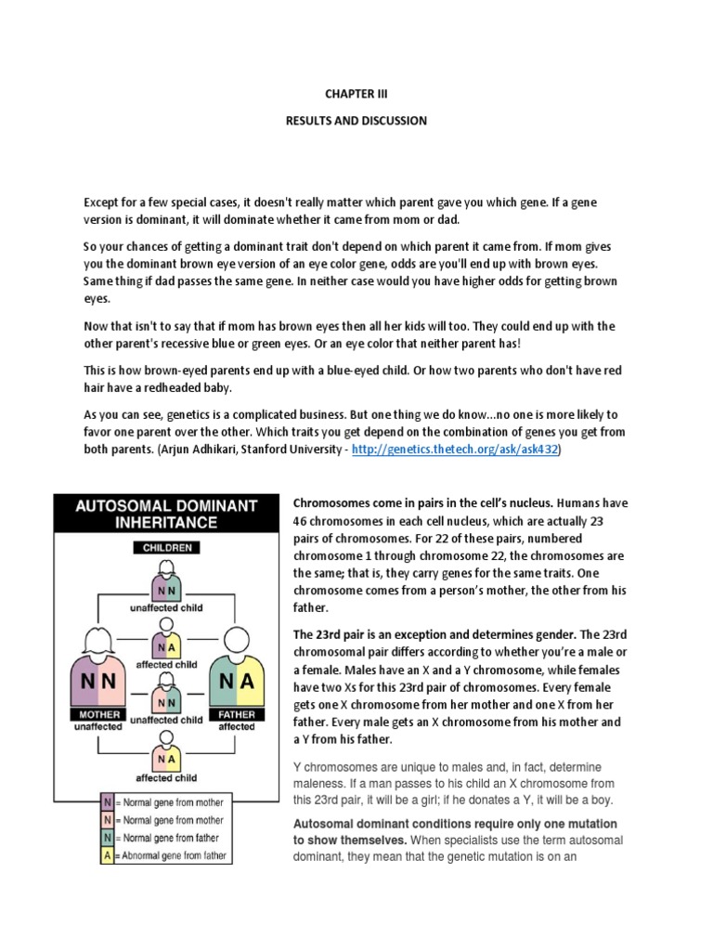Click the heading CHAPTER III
coord(356,93)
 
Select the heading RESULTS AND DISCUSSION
coord(356,121)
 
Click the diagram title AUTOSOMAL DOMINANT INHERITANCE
coord(165,514)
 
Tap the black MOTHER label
coord(99,715)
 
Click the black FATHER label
coord(236,715)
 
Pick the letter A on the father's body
coord(247,681)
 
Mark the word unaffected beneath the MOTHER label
coord(99,727)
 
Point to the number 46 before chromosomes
coord(302,522)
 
